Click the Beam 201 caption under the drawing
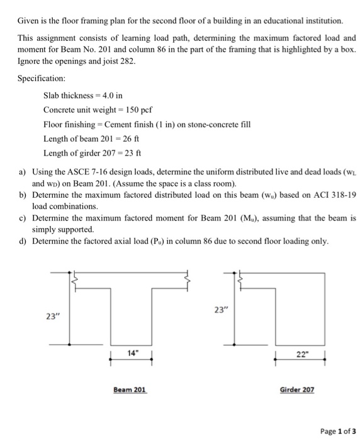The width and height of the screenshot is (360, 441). (x=130, y=391)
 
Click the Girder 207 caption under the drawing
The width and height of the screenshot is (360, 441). (x=296, y=391)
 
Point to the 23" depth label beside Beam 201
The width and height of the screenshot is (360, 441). (x=54, y=316)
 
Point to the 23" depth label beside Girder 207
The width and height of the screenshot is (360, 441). (x=220, y=310)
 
